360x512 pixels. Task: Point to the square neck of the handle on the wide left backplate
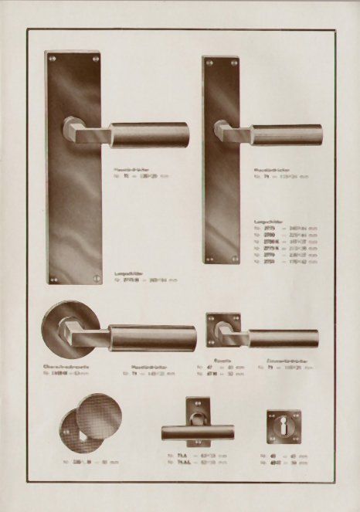point(75,130)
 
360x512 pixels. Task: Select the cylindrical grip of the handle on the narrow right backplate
point(287,134)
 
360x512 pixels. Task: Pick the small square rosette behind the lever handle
point(222,329)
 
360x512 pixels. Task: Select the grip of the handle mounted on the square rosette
point(283,338)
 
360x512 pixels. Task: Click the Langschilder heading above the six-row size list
point(268,221)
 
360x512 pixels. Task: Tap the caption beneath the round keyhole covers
point(92,463)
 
